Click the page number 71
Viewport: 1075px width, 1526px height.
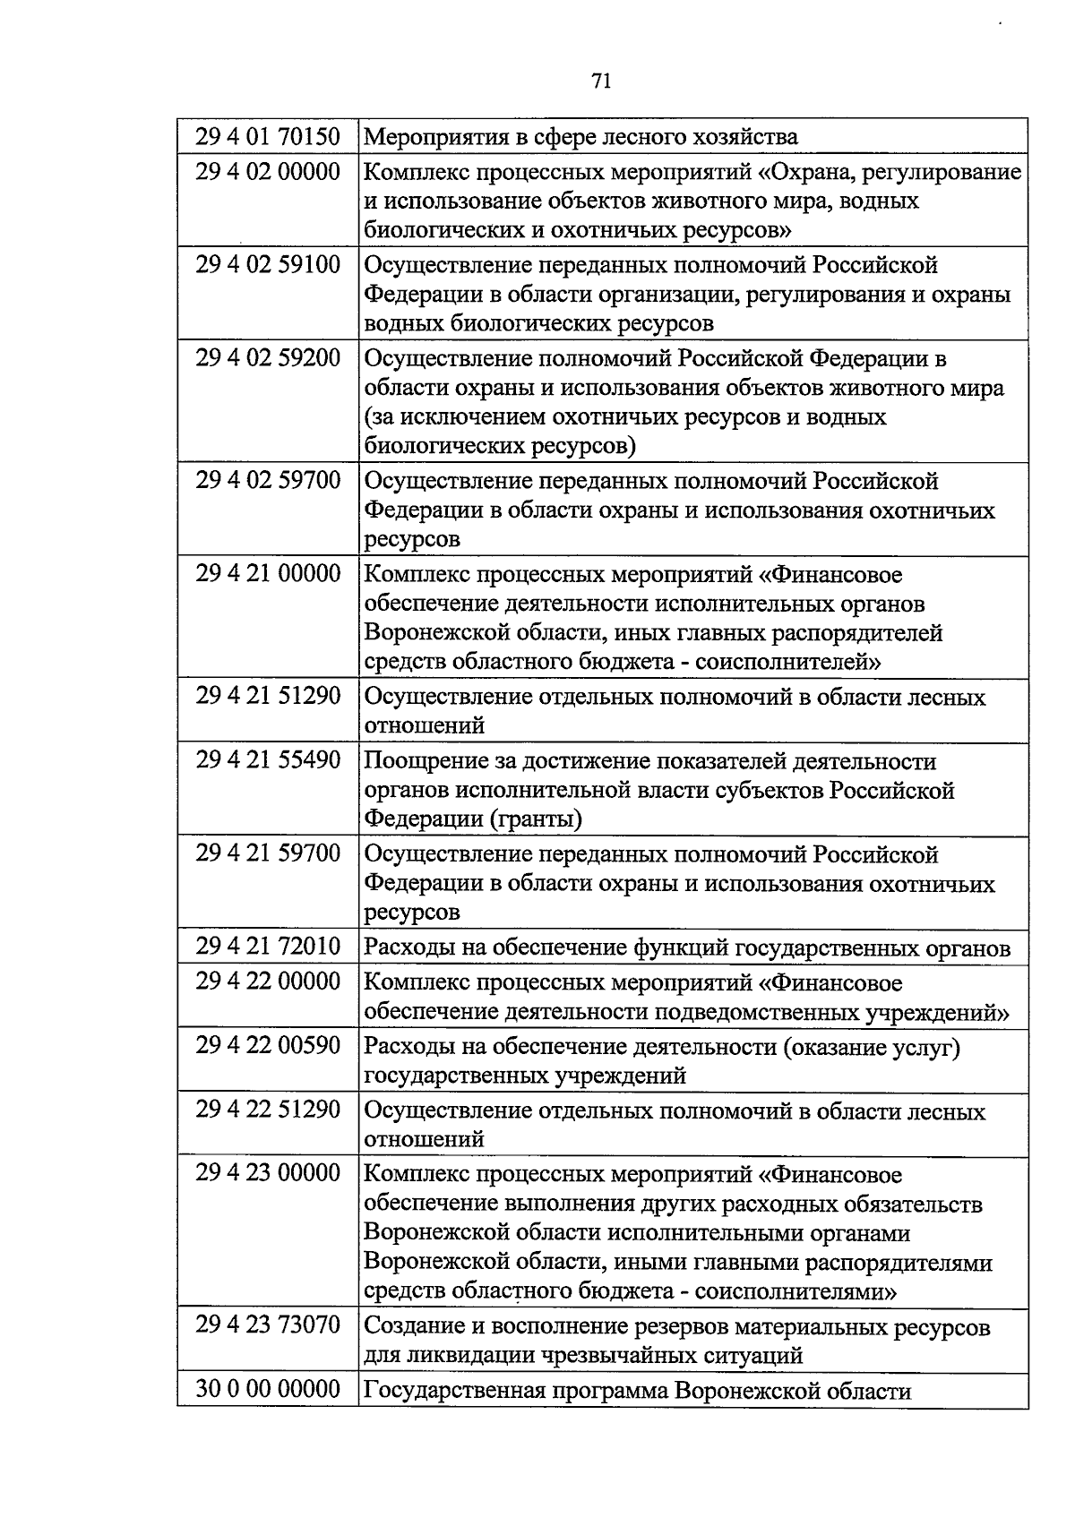[601, 81]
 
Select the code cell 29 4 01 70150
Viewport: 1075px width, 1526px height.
[268, 137]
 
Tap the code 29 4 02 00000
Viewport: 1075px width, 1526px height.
[268, 171]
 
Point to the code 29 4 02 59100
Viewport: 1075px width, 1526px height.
[268, 265]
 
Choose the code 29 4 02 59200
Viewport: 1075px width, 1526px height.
[268, 358]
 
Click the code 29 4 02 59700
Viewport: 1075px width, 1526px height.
[268, 481]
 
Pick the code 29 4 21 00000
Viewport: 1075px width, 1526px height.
[268, 574]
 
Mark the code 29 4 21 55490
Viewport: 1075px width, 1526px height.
[268, 760]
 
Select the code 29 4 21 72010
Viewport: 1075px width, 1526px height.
[268, 947]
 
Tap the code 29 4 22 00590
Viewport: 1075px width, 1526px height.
[268, 1045]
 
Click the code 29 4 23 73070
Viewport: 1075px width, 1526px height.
[268, 1325]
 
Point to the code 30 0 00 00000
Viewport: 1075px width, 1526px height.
[268, 1389]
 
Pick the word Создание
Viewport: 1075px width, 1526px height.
[416, 1326]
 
